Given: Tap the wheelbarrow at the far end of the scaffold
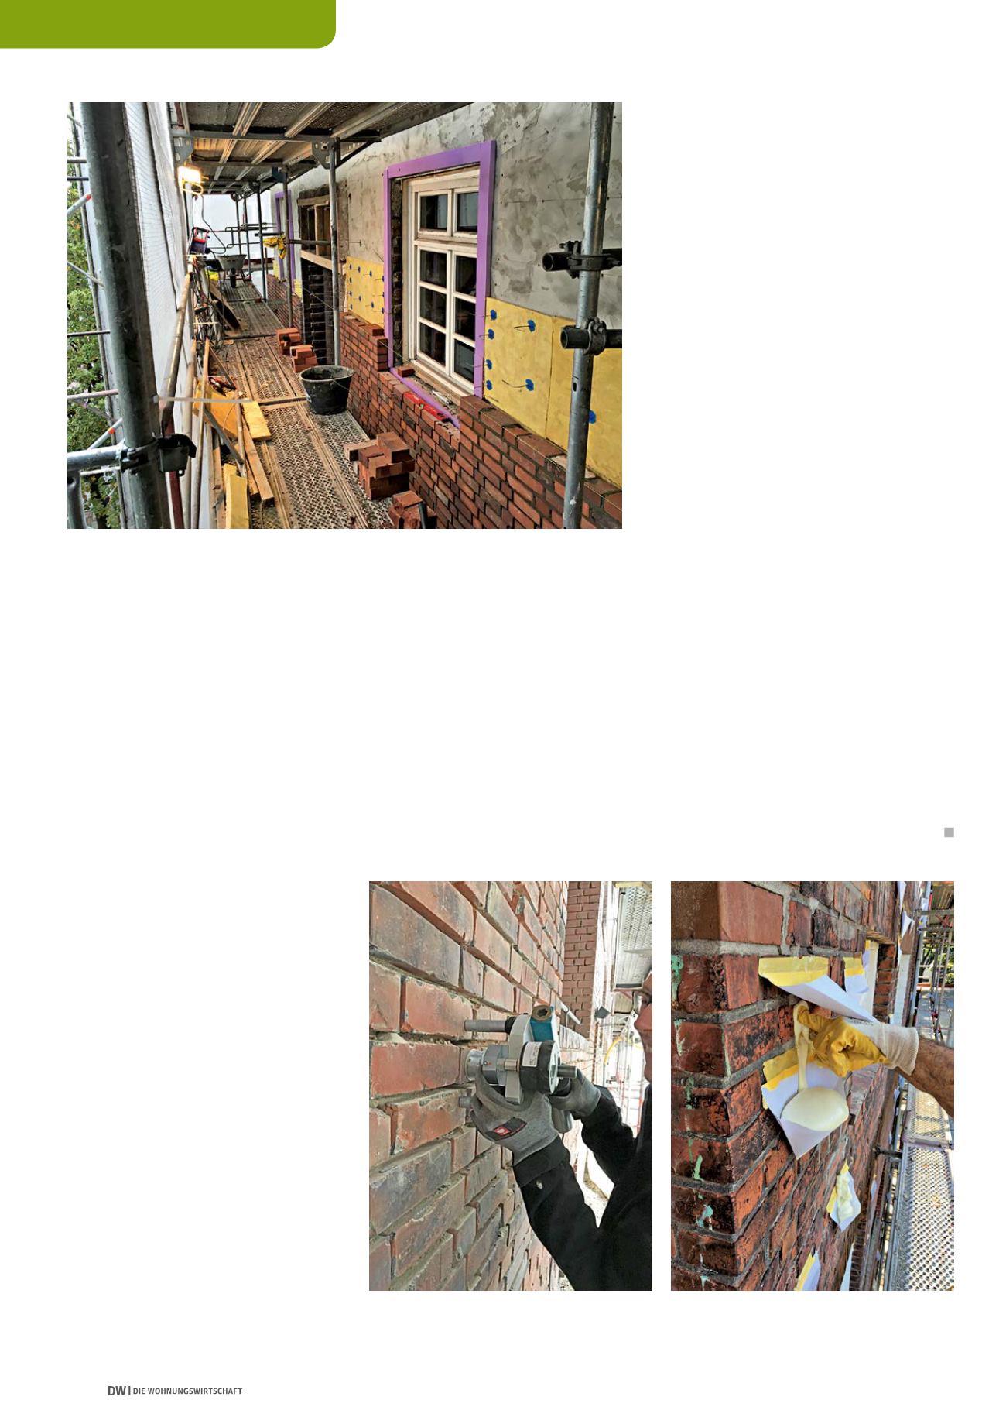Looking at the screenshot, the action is [230, 266].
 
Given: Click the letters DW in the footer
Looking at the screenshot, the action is [116, 1391].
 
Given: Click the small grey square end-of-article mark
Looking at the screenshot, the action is [949, 832].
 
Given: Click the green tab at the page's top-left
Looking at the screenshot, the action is [168, 23].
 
